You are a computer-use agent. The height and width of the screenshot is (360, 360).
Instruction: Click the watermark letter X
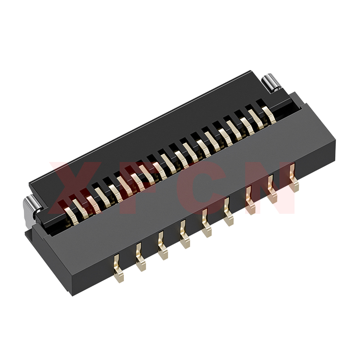pos(76,188)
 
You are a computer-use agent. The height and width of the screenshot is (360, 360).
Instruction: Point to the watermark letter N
pos(271,188)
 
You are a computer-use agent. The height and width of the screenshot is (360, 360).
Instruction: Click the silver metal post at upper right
pos(270,83)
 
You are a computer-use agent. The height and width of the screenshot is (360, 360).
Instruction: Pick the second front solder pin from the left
pos(140,257)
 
